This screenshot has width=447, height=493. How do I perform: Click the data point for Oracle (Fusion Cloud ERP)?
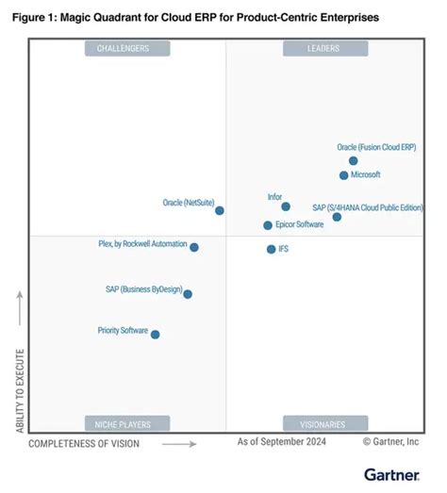[354, 161]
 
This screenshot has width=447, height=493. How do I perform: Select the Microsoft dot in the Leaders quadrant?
[344, 175]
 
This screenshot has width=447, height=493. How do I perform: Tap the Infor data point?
[286, 206]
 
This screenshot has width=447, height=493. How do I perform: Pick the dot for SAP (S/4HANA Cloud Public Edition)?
[337, 217]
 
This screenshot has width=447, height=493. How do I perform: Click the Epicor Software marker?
[268, 225]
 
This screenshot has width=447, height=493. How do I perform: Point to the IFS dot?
[271, 249]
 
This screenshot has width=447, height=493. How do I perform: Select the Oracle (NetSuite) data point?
[220, 211]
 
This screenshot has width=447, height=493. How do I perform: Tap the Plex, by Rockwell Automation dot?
[194, 247]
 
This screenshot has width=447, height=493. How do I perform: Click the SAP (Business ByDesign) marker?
[188, 294]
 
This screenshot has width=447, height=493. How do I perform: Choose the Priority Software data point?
[156, 334]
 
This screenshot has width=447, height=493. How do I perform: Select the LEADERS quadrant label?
[323, 48]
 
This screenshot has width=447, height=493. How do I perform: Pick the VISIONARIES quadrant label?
[323, 424]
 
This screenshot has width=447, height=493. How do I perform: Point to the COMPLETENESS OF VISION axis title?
[84, 442]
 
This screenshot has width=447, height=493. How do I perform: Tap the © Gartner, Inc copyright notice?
[390, 441]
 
